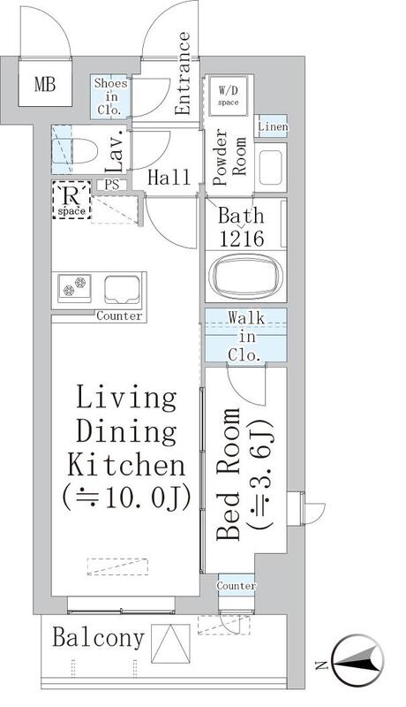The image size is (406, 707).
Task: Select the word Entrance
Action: pos(183,74)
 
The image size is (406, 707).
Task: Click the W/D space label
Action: pos(229,93)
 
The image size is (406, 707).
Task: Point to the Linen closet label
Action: pos(271,126)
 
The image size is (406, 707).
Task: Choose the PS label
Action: pos(113,184)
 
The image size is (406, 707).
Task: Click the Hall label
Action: pos(169,178)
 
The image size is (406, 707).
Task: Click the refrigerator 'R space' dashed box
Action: pos(71,199)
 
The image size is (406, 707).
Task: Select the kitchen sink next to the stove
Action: pos(122,288)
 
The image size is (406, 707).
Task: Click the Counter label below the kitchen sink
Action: pos(119,316)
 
